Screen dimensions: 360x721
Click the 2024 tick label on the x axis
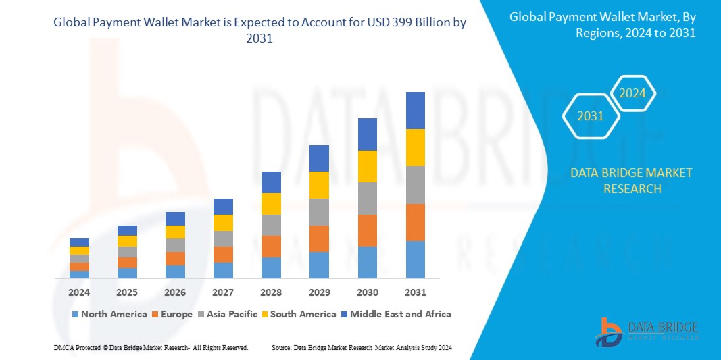(x=79, y=292)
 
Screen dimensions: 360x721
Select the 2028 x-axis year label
(x=271, y=292)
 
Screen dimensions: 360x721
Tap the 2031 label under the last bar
(x=415, y=292)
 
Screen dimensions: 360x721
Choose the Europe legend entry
(x=172, y=314)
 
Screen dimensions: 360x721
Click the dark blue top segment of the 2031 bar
(x=415, y=110)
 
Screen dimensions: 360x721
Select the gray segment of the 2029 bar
(x=319, y=212)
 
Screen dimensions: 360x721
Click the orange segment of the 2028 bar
(x=271, y=247)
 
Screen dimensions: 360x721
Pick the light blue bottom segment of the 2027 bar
(x=223, y=270)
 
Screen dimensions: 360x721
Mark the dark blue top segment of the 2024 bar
(x=79, y=242)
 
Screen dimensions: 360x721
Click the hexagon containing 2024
(x=632, y=93)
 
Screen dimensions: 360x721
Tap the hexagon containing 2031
(x=591, y=116)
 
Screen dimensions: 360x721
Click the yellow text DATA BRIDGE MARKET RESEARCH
(x=631, y=181)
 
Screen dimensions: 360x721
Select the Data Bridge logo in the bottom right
(x=646, y=332)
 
